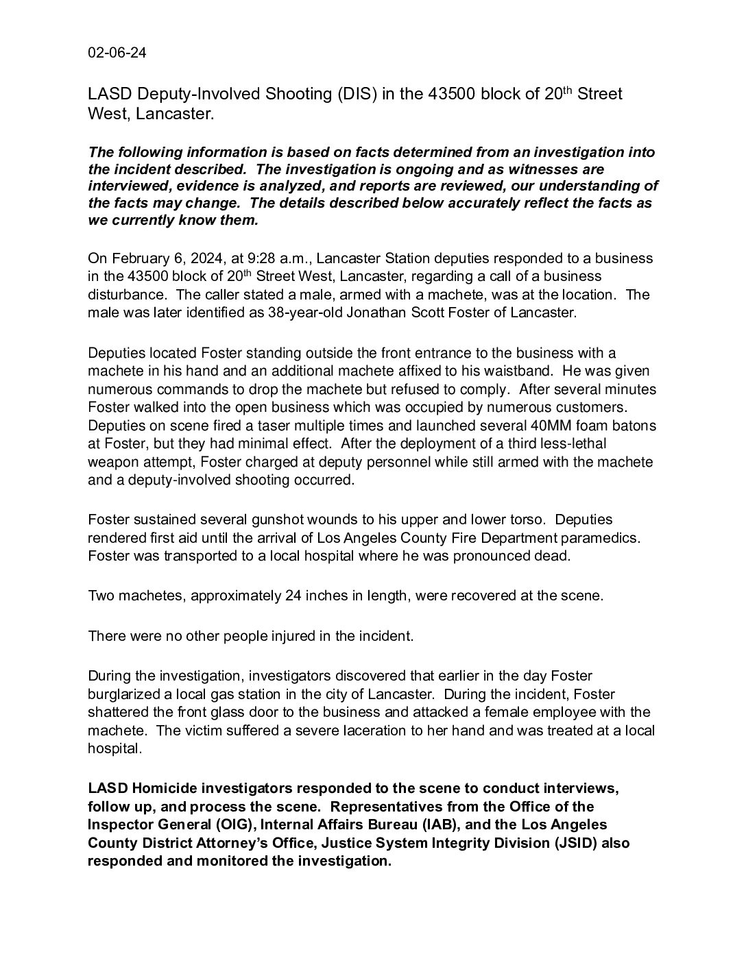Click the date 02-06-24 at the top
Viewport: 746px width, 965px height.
coord(117,54)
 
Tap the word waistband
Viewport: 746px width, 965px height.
coord(505,371)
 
